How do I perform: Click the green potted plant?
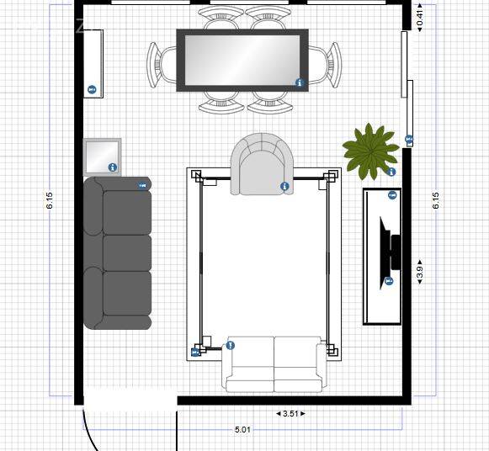point(370,151)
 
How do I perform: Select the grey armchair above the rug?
point(262,164)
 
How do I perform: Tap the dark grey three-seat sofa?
point(118,252)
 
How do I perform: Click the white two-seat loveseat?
point(274,364)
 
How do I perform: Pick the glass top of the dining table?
point(242,60)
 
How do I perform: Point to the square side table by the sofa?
point(103,157)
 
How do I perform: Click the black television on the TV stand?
point(390,252)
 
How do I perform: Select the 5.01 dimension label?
point(242,430)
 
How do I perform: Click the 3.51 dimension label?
point(290,414)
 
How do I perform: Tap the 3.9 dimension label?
point(420,272)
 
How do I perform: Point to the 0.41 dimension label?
point(420,18)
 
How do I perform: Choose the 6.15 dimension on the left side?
point(50,200)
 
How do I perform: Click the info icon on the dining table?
point(300,82)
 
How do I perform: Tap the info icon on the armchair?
point(284,187)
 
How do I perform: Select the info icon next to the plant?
point(391,172)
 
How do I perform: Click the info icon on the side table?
point(113,167)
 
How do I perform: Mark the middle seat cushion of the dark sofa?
point(127,252)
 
